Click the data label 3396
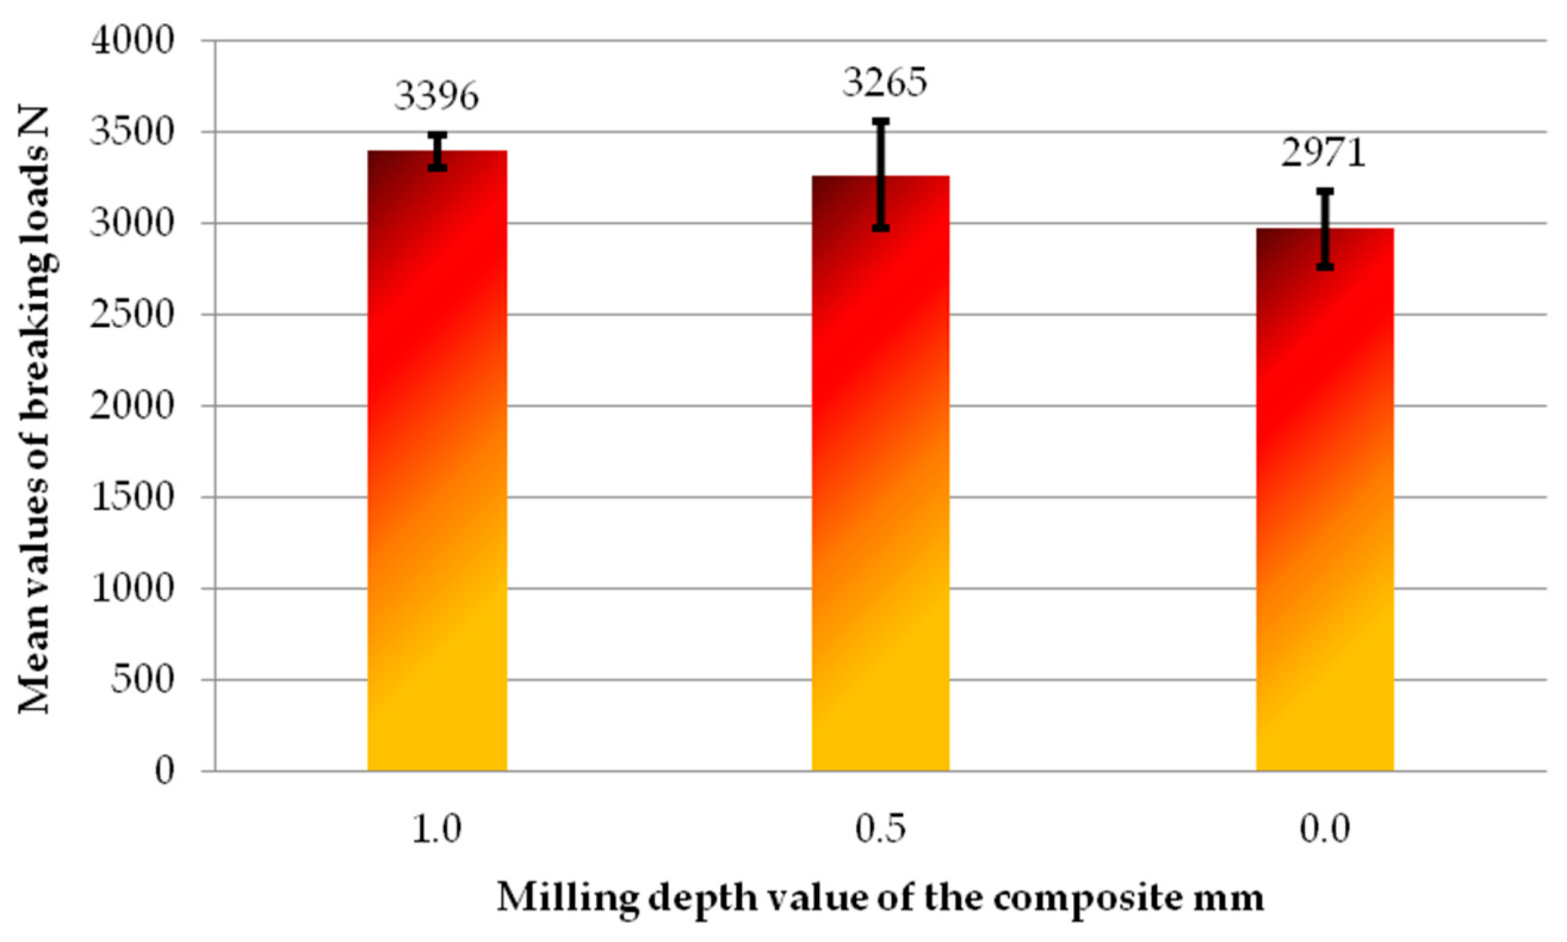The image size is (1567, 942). (x=436, y=97)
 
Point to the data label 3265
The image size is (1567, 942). (x=885, y=83)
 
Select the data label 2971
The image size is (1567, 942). (x=1323, y=154)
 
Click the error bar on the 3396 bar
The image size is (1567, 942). (x=437, y=151)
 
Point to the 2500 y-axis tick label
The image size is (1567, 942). (x=132, y=315)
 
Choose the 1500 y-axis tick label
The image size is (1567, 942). (x=132, y=498)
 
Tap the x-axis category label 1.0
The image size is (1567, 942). (x=436, y=831)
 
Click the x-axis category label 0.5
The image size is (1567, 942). (x=880, y=831)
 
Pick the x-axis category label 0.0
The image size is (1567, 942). (x=1324, y=831)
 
